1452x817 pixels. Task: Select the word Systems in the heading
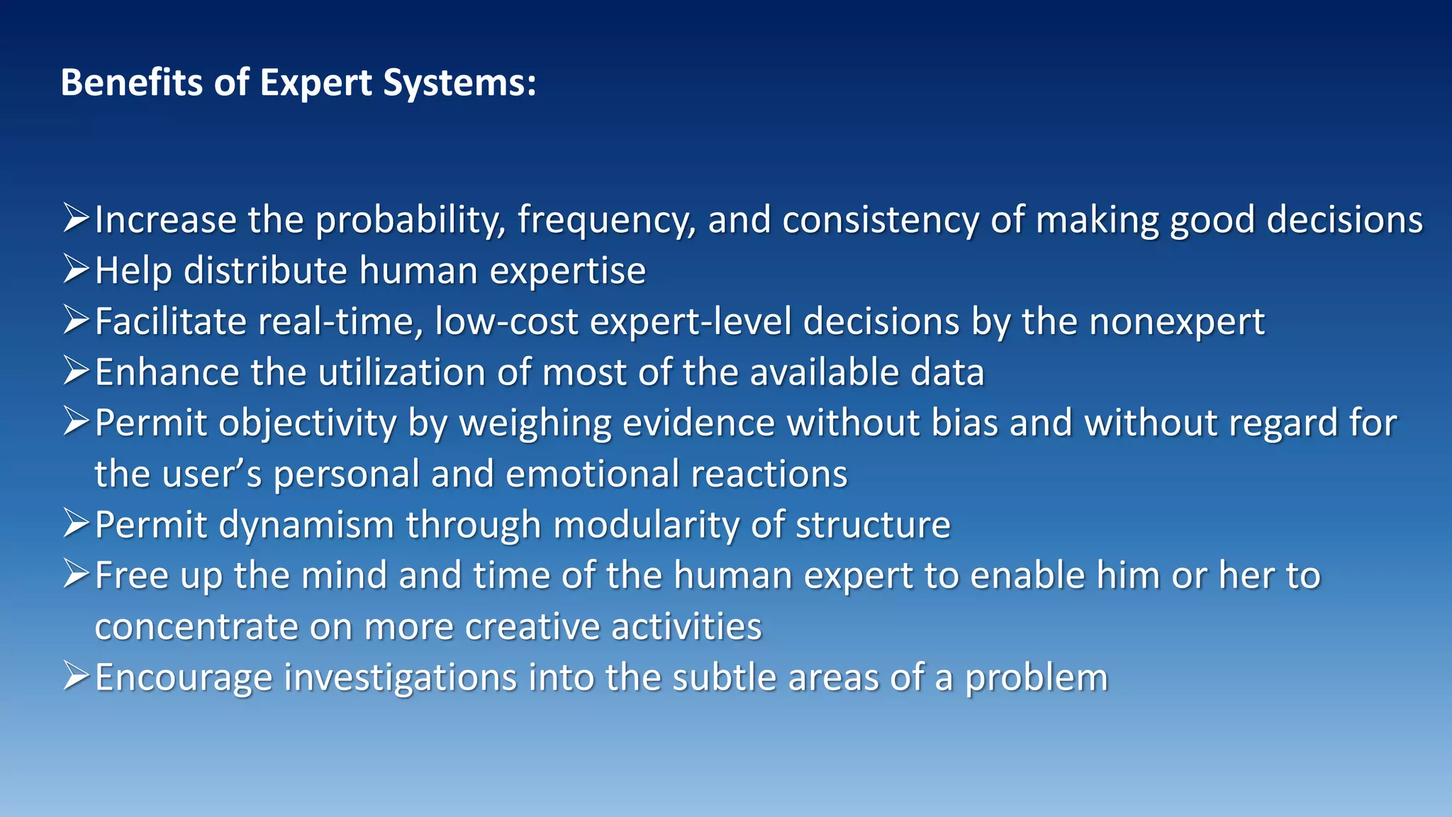(459, 84)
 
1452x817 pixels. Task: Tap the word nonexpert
(1177, 322)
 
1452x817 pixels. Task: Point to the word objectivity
(308, 424)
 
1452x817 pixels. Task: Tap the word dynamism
(306, 526)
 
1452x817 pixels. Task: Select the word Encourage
(184, 678)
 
